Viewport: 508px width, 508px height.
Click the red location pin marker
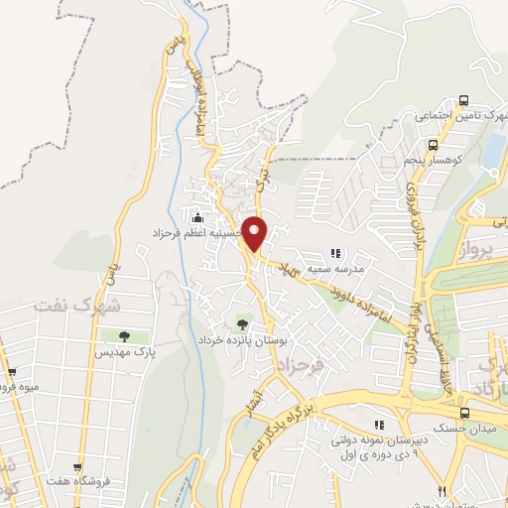[x=255, y=233]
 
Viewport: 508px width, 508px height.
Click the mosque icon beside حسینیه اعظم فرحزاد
[x=199, y=217]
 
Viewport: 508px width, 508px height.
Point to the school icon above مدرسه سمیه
[x=335, y=253]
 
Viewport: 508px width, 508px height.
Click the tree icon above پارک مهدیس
[x=124, y=337]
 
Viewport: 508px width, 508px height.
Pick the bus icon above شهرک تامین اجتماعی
[x=463, y=101]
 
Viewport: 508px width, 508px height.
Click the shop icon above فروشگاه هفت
[x=76, y=467]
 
